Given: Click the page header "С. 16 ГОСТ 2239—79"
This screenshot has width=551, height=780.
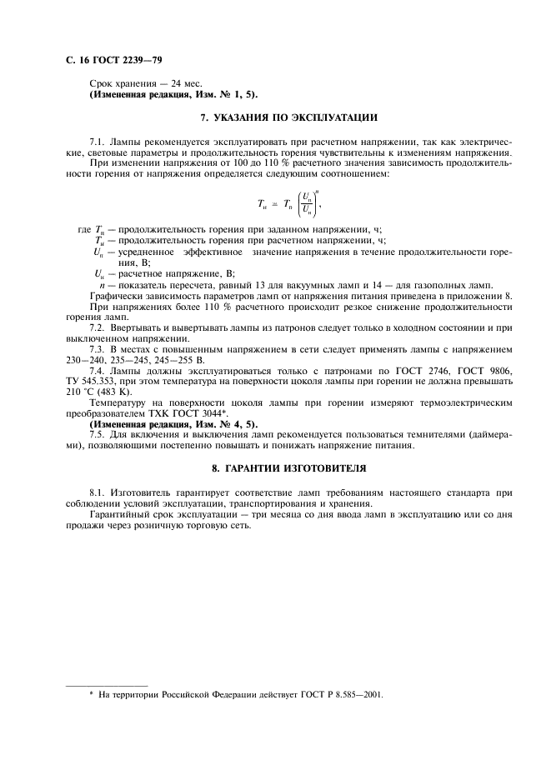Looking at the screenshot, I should [108, 62].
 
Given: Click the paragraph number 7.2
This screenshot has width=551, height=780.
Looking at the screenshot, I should [97, 327].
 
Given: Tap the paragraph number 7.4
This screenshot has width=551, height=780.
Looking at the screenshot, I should [97, 370].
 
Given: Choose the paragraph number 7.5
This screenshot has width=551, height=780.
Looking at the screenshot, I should [97, 434].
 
